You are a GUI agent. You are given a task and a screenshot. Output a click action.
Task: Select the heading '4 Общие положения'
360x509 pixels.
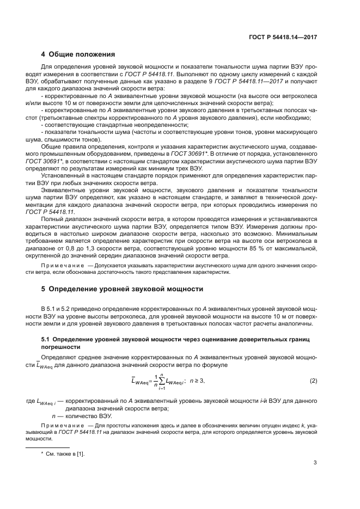(x=78, y=54)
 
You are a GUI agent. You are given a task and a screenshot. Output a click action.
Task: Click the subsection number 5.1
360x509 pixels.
(x=46, y=339)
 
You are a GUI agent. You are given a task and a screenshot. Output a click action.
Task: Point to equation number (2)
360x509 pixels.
(x=313, y=381)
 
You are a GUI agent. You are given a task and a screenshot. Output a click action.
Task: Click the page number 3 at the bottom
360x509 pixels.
(x=315, y=463)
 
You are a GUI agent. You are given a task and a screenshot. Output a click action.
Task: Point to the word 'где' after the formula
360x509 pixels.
(x=30, y=401)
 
